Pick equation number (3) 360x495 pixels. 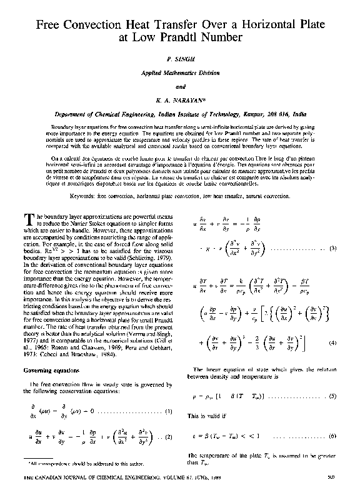coord(333,249)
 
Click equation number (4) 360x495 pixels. coord(333,342)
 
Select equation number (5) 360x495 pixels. coord(333,396)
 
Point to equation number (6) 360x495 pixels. coord(333,434)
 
